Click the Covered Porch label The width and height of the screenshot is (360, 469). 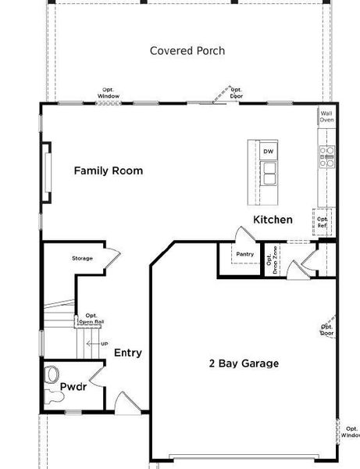[x=187, y=51]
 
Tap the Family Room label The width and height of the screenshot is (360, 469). [x=108, y=170]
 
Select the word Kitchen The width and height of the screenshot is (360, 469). [x=273, y=220]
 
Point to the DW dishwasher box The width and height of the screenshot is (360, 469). [x=268, y=152]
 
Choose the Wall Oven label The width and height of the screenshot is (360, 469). [x=326, y=116]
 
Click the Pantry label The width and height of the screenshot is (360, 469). [x=245, y=254]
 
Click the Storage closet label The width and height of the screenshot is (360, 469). [x=82, y=258]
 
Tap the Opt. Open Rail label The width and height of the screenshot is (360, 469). [x=91, y=318]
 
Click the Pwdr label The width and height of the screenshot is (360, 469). [x=73, y=386]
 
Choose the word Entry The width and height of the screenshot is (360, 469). [x=128, y=353]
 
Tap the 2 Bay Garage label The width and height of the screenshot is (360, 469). [x=244, y=363]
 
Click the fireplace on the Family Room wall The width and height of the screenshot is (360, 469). [x=46, y=166]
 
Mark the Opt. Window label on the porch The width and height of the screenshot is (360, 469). [x=108, y=93]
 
